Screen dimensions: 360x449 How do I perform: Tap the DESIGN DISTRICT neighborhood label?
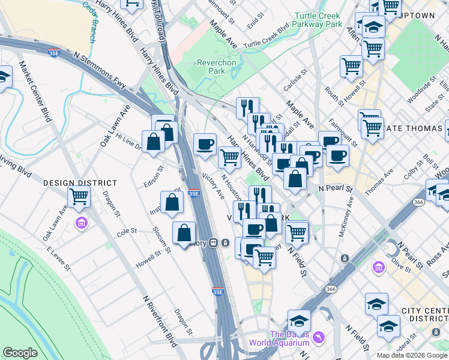[x=79, y=182]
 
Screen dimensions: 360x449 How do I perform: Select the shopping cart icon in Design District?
[x=79, y=196]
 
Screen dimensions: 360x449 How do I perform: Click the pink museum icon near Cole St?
[x=82, y=223]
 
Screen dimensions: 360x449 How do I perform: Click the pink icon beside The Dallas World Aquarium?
[x=318, y=338]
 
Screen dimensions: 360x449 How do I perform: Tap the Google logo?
[x=20, y=353]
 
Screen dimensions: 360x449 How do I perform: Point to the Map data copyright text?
[x=411, y=355]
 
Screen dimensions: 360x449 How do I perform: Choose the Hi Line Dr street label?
[x=129, y=142]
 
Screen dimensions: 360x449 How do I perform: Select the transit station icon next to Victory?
[x=226, y=243]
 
